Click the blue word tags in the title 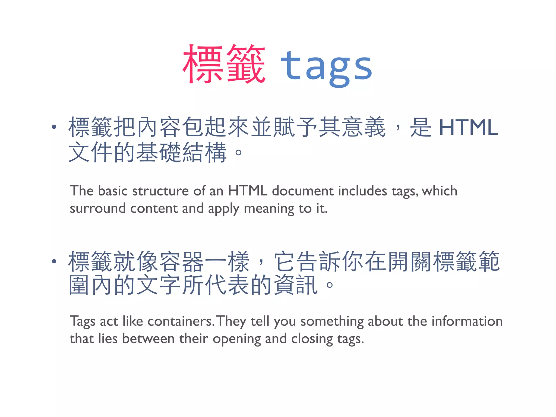click(326, 67)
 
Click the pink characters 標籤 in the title click(224, 64)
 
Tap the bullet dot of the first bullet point click(54, 127)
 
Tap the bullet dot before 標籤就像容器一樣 click(54, 261)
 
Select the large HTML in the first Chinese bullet click(468, 127)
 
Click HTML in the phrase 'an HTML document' click(248, 191)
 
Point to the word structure click(160, 191)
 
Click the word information click(467, 321)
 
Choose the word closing click(312, 339)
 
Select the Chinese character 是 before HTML click(421, 127)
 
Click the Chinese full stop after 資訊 click(330, 285)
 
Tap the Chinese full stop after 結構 click(238, 152)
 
